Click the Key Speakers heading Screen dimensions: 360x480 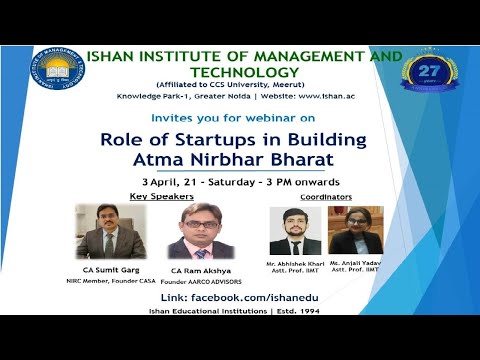[160, 197]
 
